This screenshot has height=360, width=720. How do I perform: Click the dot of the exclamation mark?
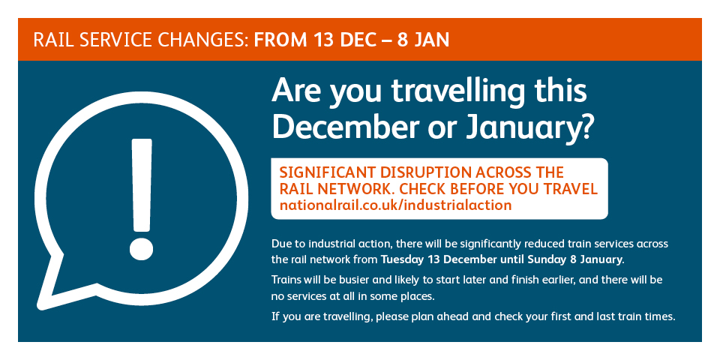[x=141, y=249]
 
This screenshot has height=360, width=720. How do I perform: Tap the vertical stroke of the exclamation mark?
[x=142, y=184]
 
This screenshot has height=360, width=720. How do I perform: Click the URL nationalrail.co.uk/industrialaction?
[x=395, y=205]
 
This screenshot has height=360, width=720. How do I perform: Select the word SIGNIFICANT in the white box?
[x=328, y=172]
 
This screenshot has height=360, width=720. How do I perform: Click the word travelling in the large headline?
[x=457, y=92]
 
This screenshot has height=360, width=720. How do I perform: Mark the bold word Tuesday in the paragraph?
[x=402, y=259]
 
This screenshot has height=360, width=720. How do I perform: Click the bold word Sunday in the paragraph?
[x=547, y=259]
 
